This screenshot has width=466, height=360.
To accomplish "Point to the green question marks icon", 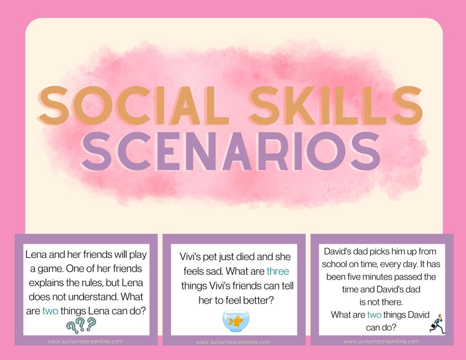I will [x=81, y=323].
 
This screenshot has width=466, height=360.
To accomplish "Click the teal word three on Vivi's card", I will [x=278, y=271].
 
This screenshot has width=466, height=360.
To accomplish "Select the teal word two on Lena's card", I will [x=50, y=311].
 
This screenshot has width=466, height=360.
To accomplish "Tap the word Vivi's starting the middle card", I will [x=192, y=257].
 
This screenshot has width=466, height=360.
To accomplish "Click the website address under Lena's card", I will [x=86, y=341].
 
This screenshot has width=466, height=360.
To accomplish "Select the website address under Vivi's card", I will [x=234, y=342].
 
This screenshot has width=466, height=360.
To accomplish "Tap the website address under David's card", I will [x=381, y=341].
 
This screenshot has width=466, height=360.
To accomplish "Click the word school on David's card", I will [x=336, y=264].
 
